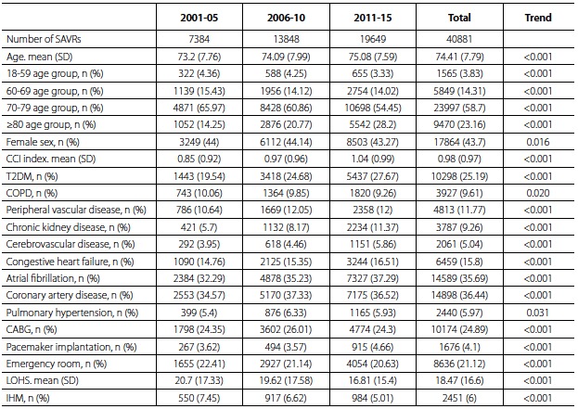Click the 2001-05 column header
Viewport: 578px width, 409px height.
199,18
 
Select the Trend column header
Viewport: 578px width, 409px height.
538,18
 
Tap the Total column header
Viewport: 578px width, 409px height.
459,18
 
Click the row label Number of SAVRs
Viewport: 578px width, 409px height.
44,39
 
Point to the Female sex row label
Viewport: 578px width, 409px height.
43,142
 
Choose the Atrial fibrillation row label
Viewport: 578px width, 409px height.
53,278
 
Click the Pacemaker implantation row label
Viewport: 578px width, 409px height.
71,347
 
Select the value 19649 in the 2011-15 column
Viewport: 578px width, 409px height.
373,39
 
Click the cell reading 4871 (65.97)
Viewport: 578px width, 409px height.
199,108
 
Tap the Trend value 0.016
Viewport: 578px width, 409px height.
538,142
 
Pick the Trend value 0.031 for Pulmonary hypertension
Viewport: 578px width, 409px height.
538,313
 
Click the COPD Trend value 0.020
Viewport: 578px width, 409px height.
538,193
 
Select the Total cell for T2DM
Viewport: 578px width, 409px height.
459,176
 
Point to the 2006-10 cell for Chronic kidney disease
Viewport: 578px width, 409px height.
286,227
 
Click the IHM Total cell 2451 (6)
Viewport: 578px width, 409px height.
459,398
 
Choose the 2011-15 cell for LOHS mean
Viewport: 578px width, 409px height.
373,380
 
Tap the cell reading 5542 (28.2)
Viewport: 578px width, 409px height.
373,125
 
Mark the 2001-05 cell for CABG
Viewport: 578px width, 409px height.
199,329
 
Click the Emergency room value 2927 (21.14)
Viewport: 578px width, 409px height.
286,364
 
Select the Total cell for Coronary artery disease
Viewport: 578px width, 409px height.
459,295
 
